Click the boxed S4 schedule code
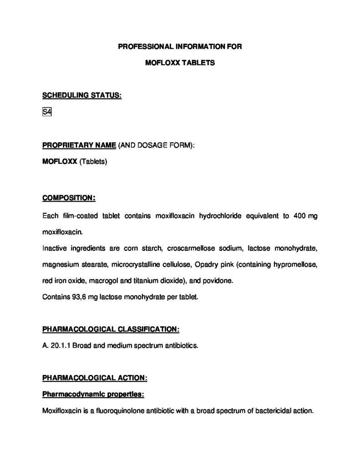(46, 112)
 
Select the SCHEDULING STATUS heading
(81, 96)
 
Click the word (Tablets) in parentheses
(93, 161)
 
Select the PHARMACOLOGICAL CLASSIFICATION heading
(111, 329)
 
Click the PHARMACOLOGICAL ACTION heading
(95, 378)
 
